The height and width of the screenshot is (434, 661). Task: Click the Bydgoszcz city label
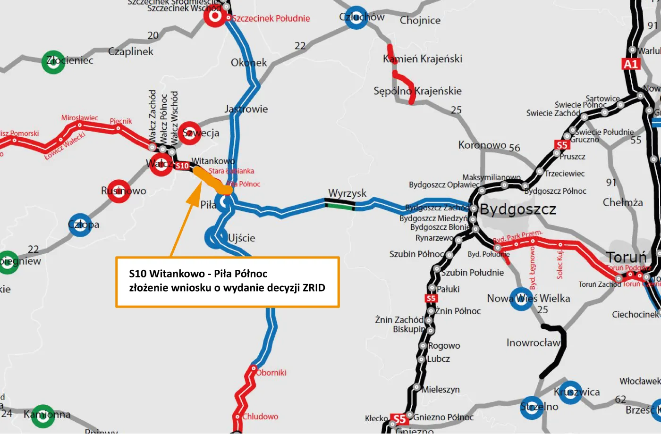[x=518, y=209]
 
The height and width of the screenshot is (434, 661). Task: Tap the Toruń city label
[x=626, y=257]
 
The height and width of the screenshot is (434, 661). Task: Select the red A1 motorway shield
[x=631, y=64]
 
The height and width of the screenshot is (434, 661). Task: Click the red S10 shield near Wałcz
[x=182, y=166]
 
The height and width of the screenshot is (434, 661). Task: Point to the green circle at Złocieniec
[x=53, y=62]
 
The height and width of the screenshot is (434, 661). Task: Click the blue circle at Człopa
[x=80, y=225]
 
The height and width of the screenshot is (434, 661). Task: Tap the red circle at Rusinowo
[x=119, y=191]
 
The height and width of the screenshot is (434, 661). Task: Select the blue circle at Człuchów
[x=356, y=18]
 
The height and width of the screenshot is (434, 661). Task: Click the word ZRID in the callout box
[x=314, y=288]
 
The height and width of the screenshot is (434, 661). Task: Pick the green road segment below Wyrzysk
[x=339, y=205]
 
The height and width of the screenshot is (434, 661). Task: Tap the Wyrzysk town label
[x=347, y=193]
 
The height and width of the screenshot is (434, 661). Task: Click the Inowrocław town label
[x=533, y=342]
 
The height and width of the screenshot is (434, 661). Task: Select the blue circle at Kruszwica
[x=570, y=392]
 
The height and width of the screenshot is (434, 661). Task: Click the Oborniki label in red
[x=271, y=373]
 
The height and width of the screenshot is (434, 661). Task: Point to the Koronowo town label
[x=482, y=145]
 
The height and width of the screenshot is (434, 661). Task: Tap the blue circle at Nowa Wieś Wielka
[x=522, y=299]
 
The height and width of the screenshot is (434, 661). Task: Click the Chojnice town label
[x=420, y=20]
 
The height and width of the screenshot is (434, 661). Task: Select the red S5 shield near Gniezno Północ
[x=399, y=419]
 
